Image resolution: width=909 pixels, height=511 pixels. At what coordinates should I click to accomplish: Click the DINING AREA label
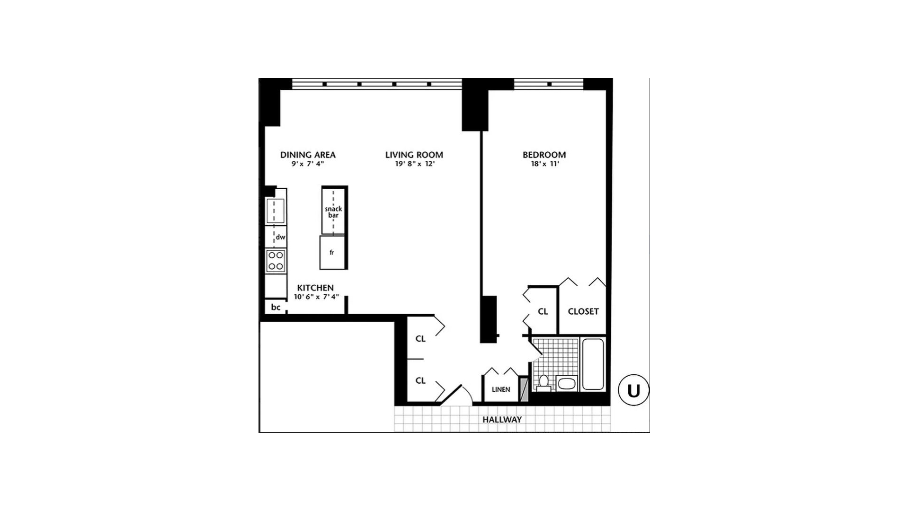click(x=308, y=155)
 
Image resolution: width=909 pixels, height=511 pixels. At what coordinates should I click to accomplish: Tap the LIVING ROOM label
click(x=414, y=155)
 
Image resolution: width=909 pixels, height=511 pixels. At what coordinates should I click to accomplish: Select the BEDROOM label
click(x=544, y=155)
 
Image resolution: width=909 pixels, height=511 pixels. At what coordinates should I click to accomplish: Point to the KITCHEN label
click(x=315, y=288)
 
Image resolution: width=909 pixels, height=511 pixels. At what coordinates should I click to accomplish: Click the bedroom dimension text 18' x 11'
click(x=544, y=164)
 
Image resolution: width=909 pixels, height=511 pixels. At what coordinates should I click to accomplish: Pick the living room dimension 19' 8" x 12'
click(x=415, y=164)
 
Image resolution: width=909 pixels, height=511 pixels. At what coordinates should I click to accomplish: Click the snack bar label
click(x=333, y=212)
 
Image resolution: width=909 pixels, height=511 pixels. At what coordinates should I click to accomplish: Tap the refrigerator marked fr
click(x=332, y=253)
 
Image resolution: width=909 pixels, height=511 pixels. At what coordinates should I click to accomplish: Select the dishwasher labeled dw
click(x=280, y=237)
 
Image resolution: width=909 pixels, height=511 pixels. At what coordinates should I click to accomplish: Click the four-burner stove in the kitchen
click(x=276, y=261)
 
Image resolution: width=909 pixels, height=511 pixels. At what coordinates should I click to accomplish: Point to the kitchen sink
click(x=275, y=211)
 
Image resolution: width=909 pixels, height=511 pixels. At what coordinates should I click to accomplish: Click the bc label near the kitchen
click(x=276, y=307)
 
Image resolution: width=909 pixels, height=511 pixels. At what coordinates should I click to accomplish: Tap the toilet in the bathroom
click(x=544, y=381)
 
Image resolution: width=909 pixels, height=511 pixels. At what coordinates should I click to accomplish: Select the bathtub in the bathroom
click(x=593, y=364)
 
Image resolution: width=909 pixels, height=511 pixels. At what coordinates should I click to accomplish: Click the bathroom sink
click(x=566, y=383)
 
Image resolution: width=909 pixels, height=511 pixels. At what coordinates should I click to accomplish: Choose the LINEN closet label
click(x=501, y=389)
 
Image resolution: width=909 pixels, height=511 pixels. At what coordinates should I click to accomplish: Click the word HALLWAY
click(x=502, y=420)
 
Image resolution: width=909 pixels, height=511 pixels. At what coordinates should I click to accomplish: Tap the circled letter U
click(x=633, y=390)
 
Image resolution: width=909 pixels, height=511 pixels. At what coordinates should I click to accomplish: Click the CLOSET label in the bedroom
click(x=583, y=311)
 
